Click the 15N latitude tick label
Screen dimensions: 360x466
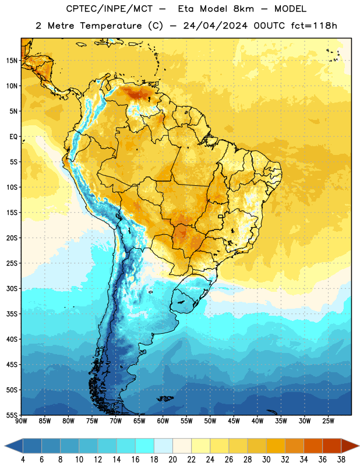tap(12, 61)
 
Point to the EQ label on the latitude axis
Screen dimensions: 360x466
tap(13, 137)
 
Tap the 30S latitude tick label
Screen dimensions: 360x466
tap(12, 288)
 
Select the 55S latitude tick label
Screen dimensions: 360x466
tap(12, 415)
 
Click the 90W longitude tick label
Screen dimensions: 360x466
tap(21, 421)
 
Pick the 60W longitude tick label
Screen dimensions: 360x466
tap(163, 421)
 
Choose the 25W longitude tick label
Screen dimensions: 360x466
tap(328, 421)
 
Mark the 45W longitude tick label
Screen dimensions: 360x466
tap(234, 421)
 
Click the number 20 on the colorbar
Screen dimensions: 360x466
tap(172, 460)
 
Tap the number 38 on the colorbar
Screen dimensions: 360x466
tap(341, 460)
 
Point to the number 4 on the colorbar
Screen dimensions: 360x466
tap(23, 460)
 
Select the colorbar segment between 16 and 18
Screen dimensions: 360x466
tap(145, 446)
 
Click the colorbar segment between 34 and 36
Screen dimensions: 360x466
tap(313, 446)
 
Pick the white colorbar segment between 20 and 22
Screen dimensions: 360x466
tap(182, 446)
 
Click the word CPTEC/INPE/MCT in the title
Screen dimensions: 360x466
tap(110, 9)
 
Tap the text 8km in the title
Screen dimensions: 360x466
tap(243, 9)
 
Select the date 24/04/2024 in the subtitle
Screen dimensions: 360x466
tap(216, 26)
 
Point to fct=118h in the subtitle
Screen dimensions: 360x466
tap(314, 26)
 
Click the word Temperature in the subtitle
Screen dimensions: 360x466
tap(111, 26)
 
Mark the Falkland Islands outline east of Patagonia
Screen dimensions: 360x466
tap(165, 398)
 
